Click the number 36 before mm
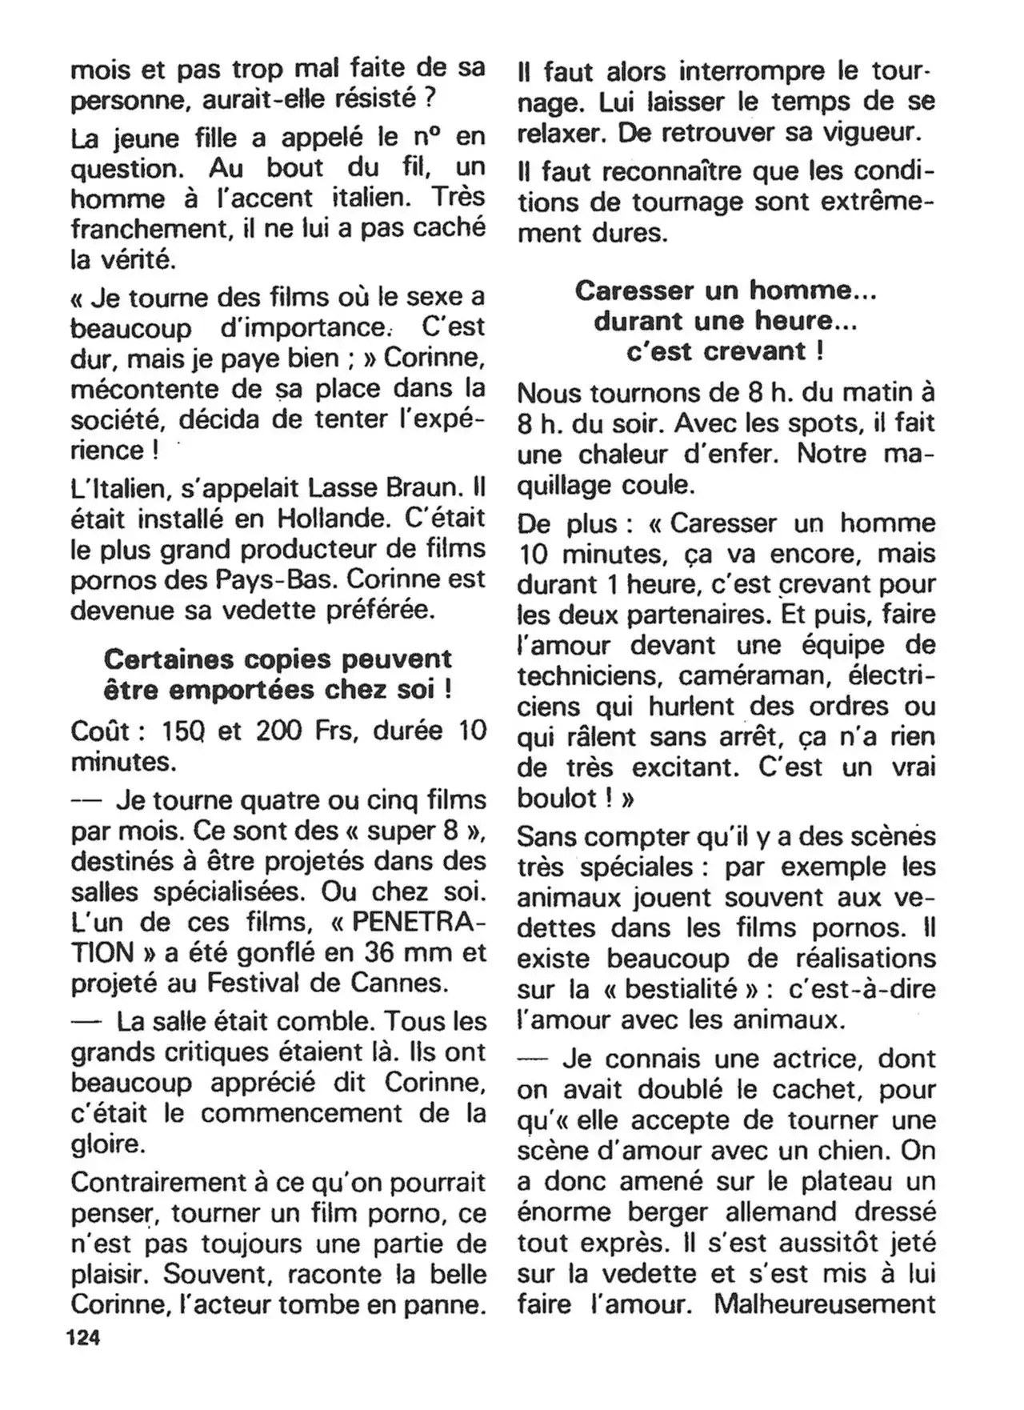click(x=382, y=952)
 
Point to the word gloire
click(x=108, y=1144)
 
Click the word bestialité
click(x=681, y=989)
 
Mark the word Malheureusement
click(x=825, y=1304)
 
